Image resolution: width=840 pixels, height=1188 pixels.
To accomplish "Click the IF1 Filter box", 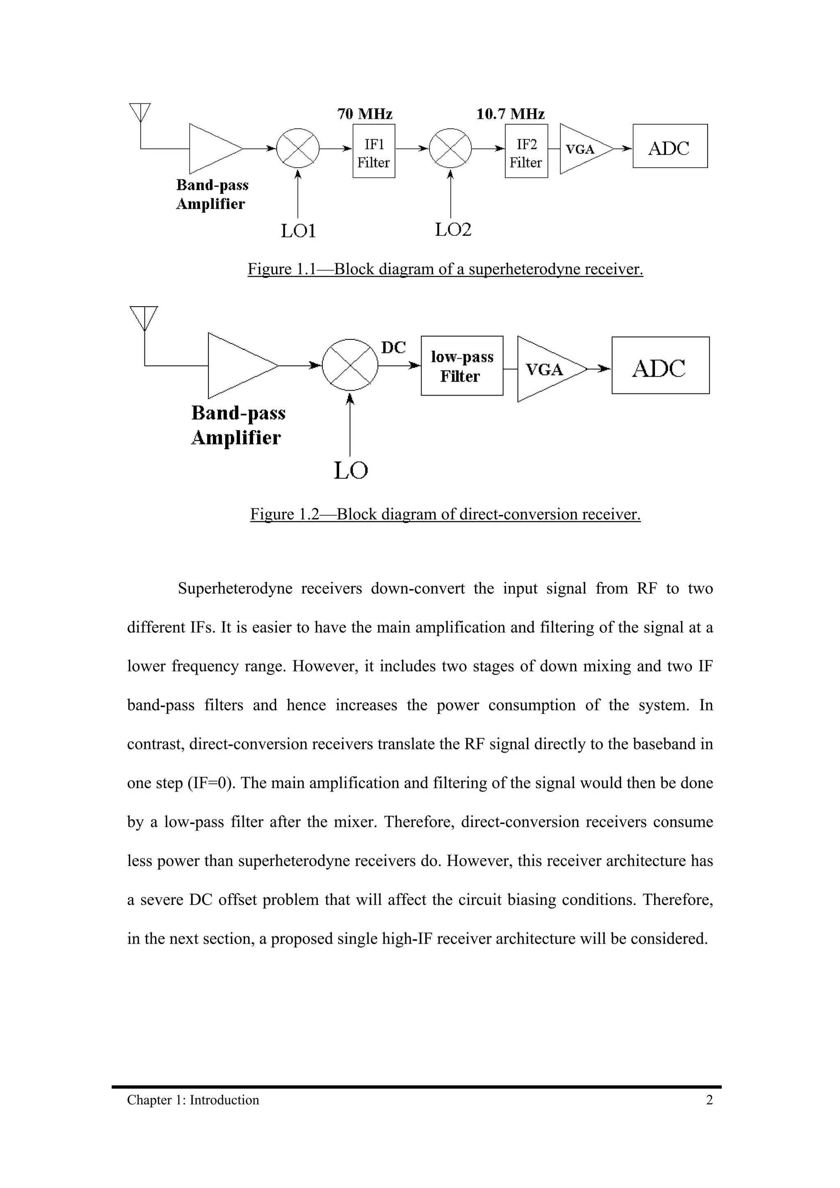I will pos(374,151).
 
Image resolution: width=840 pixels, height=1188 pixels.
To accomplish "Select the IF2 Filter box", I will pos(526,151).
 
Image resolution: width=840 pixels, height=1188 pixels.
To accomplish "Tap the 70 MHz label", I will pos(365,114).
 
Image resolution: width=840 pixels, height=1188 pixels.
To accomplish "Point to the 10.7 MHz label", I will pos(510,114).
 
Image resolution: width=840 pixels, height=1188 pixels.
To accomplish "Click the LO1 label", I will pos(298,231).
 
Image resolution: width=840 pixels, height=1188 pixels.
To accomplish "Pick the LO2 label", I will pos(453,230).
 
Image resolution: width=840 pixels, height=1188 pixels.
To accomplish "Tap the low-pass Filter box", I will pos(462,366).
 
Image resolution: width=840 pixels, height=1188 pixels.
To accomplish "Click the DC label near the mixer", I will pos(393,348).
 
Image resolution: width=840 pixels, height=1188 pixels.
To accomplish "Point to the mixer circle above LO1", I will pos(298,148).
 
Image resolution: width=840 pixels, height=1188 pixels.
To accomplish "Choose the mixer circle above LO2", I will pos(451,148).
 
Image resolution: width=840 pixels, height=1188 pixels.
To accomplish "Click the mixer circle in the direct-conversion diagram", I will pos(350,365).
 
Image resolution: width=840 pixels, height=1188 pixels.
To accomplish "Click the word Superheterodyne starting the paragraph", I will pos(235,588).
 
